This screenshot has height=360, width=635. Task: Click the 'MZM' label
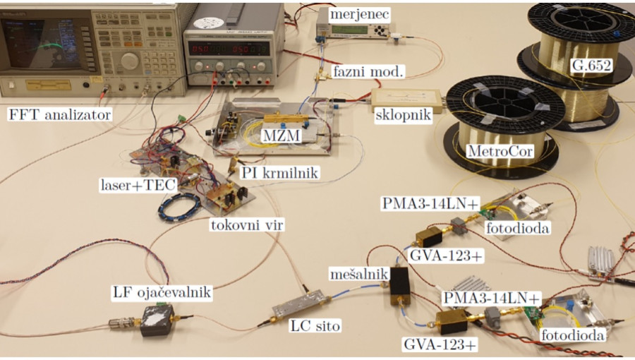tap(271, 134)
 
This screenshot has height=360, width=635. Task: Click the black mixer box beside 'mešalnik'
tap(399, 282)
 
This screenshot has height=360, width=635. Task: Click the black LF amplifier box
tap(157, 322)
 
